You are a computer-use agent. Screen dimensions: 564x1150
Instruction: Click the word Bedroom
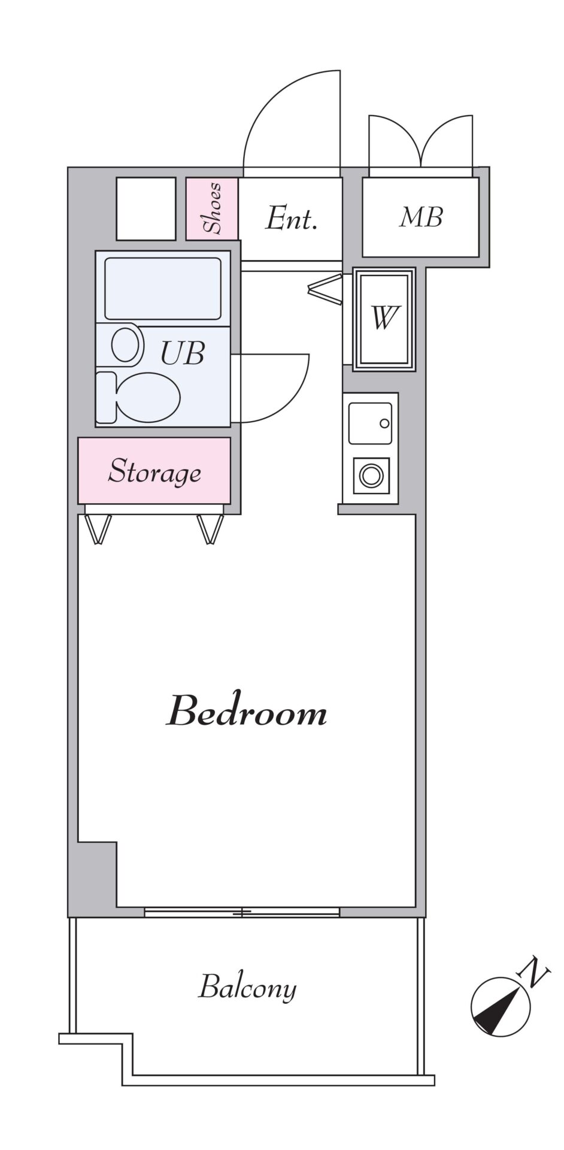point(246,711)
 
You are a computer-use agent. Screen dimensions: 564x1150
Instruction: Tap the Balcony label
point(247,988)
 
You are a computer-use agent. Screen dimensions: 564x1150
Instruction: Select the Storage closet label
point(154,472)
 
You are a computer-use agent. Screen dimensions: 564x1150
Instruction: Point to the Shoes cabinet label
point(213,208)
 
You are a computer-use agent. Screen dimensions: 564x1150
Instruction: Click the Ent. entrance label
point(291,219)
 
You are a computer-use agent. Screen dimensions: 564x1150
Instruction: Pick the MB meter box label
point(421,217)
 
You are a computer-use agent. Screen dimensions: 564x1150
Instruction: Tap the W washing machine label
point(384,318)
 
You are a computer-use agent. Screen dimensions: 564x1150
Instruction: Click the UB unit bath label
point(183,353)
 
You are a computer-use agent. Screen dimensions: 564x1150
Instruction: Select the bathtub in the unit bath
point(163,288)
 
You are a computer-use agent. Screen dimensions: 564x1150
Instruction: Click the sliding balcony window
point(242,912)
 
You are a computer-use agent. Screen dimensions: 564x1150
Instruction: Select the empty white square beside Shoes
point(146,208)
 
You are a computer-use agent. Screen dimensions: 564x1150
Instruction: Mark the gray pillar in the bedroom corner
point(96,873)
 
